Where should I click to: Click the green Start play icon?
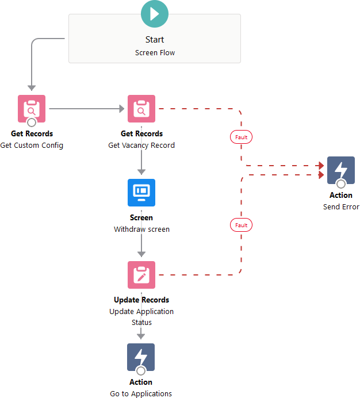pyautogui.click(x=155, y=14)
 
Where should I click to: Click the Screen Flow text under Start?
pyautogui.click(x=155, y=52)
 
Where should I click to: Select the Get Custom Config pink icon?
pyautogui.click(x=32, y=109)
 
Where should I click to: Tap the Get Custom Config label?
pyautogui.click(x=32, y=146)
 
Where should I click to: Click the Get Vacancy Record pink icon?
pyautogui.click(x=141, y=109)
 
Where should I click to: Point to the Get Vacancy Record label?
pyautogui.click(x=141, y=146)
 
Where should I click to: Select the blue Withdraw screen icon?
pyautogui.click(x=141, y=192)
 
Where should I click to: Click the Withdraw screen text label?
pyautogui.click(x=141, y=229)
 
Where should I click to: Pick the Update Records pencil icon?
pyautogui.click(x=141, y=275)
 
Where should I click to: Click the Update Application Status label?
pyautogui.click(x=141, y=317)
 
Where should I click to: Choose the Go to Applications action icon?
pyautogui.click(x=141, y=357)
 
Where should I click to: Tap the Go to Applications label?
pyautogui.click(x=141, y=394)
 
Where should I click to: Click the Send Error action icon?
pyautogui.click(x=340, y=170)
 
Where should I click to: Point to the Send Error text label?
pyautogui.click(x=341, y=207)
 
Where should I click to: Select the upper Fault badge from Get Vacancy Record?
pyautogui.click(x=241, y=137)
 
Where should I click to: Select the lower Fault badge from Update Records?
pyautogui.click(x=241, y=225)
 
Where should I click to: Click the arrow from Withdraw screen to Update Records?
pyautogui.click(x=141, y=247)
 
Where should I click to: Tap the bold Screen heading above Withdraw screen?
pyautogui.click(x=141, y=218)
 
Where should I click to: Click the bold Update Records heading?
pyautogui.click(x=141, y=300)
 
